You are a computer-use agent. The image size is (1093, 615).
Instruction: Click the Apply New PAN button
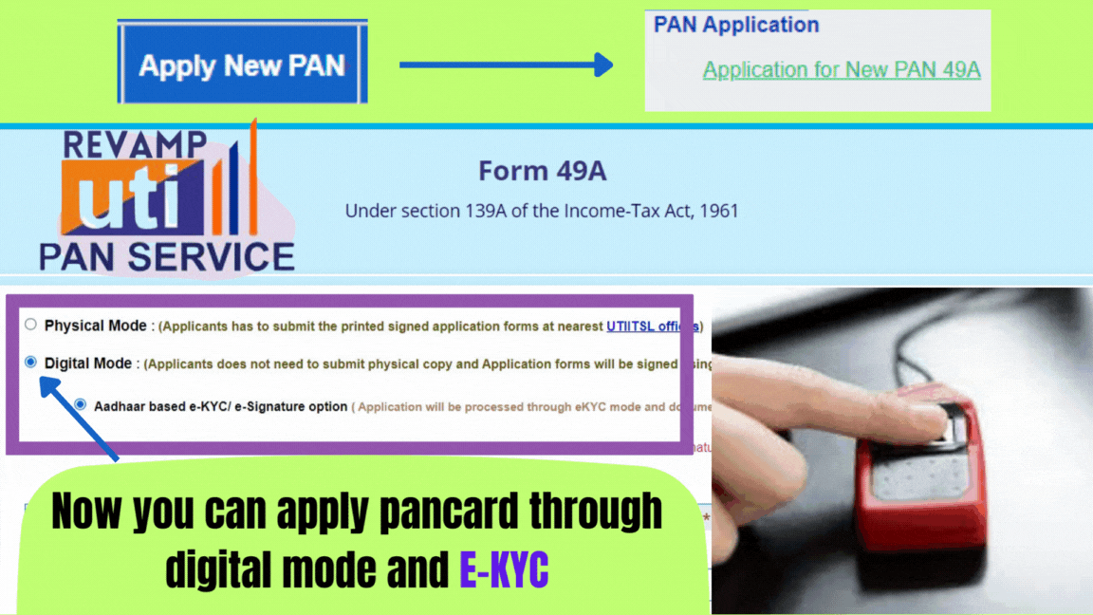(x=242, y=65)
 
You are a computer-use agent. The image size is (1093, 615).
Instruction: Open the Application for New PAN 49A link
(x=841, y=69)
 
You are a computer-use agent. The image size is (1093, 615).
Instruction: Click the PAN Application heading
(x=736, y=25)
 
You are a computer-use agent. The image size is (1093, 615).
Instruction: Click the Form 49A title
(x=542, y=171)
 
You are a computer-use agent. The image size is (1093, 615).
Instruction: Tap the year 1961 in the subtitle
(x=716, y=211)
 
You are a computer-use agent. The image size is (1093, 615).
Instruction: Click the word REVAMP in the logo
(x=134, y=144)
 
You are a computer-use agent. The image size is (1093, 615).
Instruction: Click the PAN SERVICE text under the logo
(x=167, y=256)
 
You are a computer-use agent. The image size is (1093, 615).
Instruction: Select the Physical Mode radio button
(x=30, y=325)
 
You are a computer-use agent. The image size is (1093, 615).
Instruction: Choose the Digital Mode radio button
(x=30, y=362)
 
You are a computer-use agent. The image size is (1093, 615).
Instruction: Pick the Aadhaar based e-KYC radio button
(x=80, y=404)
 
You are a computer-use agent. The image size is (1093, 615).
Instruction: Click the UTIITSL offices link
(x=652, y=326)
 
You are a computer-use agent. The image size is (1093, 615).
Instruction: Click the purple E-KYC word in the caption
(x=503, y=569)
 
